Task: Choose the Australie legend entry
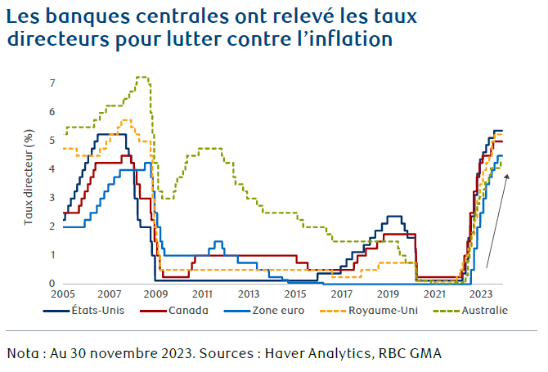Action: point(483,311)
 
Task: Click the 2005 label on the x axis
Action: point(63,294)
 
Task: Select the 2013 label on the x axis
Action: point(249,294)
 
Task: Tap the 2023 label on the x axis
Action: point(481,294)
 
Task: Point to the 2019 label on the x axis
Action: point(388,294)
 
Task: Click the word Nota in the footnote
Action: point(25,353)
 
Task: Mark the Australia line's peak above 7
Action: point(141,77)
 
